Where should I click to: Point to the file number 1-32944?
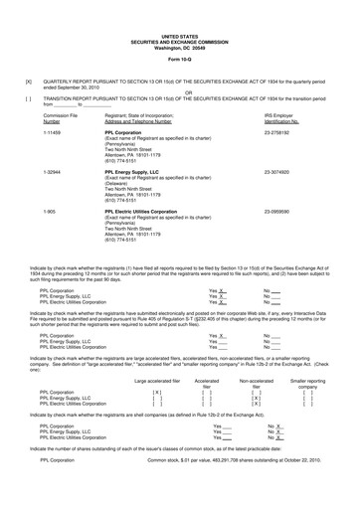[54, 171]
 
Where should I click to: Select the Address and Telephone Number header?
[142, 120]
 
